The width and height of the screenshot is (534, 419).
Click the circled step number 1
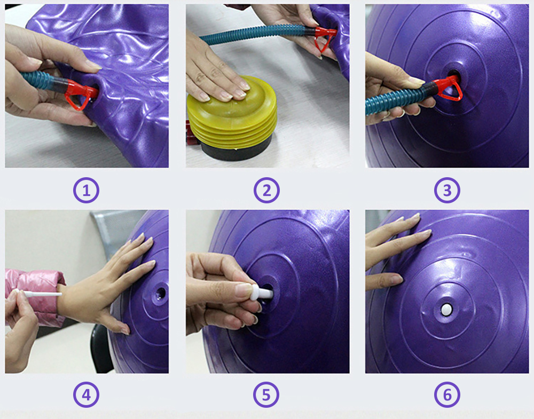[x=87, y=190]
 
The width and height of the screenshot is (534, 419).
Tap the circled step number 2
[x=266, y=190]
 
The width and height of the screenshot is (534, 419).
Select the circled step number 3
[x=447, y=190]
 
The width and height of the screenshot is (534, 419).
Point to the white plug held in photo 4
[x=37, y=292]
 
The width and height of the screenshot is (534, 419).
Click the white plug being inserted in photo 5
[x=265, y=292]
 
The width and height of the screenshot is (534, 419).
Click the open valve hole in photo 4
[x=160, y=292]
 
